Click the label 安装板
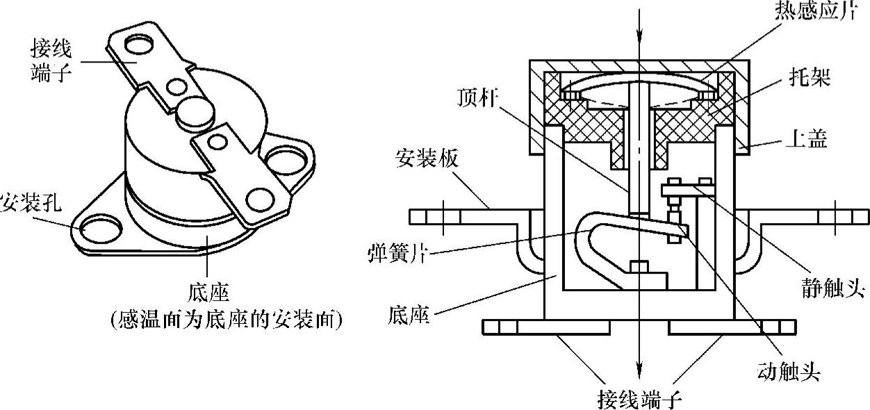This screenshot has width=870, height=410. (x=417, y=160)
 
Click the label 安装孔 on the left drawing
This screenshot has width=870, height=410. (x=30, y=204)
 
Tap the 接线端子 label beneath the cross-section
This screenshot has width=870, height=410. (x=640, y=400)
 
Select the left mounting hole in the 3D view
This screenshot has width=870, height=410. (x=95, y=228)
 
